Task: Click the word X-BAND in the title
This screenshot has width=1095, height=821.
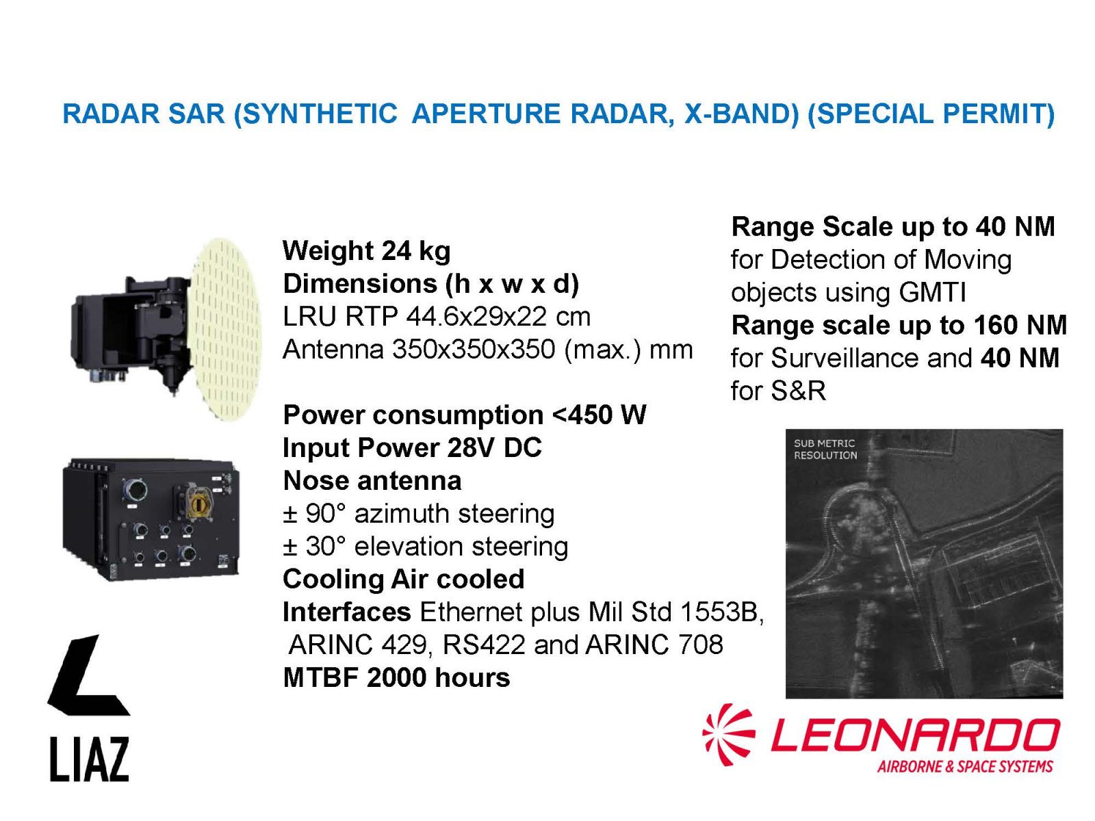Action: pos(741,114)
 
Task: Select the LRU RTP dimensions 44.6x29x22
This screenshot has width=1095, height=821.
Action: pos(477,317)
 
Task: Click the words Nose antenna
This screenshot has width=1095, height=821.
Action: pos(372,481)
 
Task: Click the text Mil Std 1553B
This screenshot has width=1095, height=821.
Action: pos(676,612)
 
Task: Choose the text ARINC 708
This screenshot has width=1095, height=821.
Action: pos(654,644)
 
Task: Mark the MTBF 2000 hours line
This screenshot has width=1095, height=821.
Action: pos(396,677)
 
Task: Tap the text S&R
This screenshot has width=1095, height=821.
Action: pos(798,391)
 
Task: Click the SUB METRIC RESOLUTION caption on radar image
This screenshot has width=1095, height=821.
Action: pos(825,449)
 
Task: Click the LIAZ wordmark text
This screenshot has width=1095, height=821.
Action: pos(89,759)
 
